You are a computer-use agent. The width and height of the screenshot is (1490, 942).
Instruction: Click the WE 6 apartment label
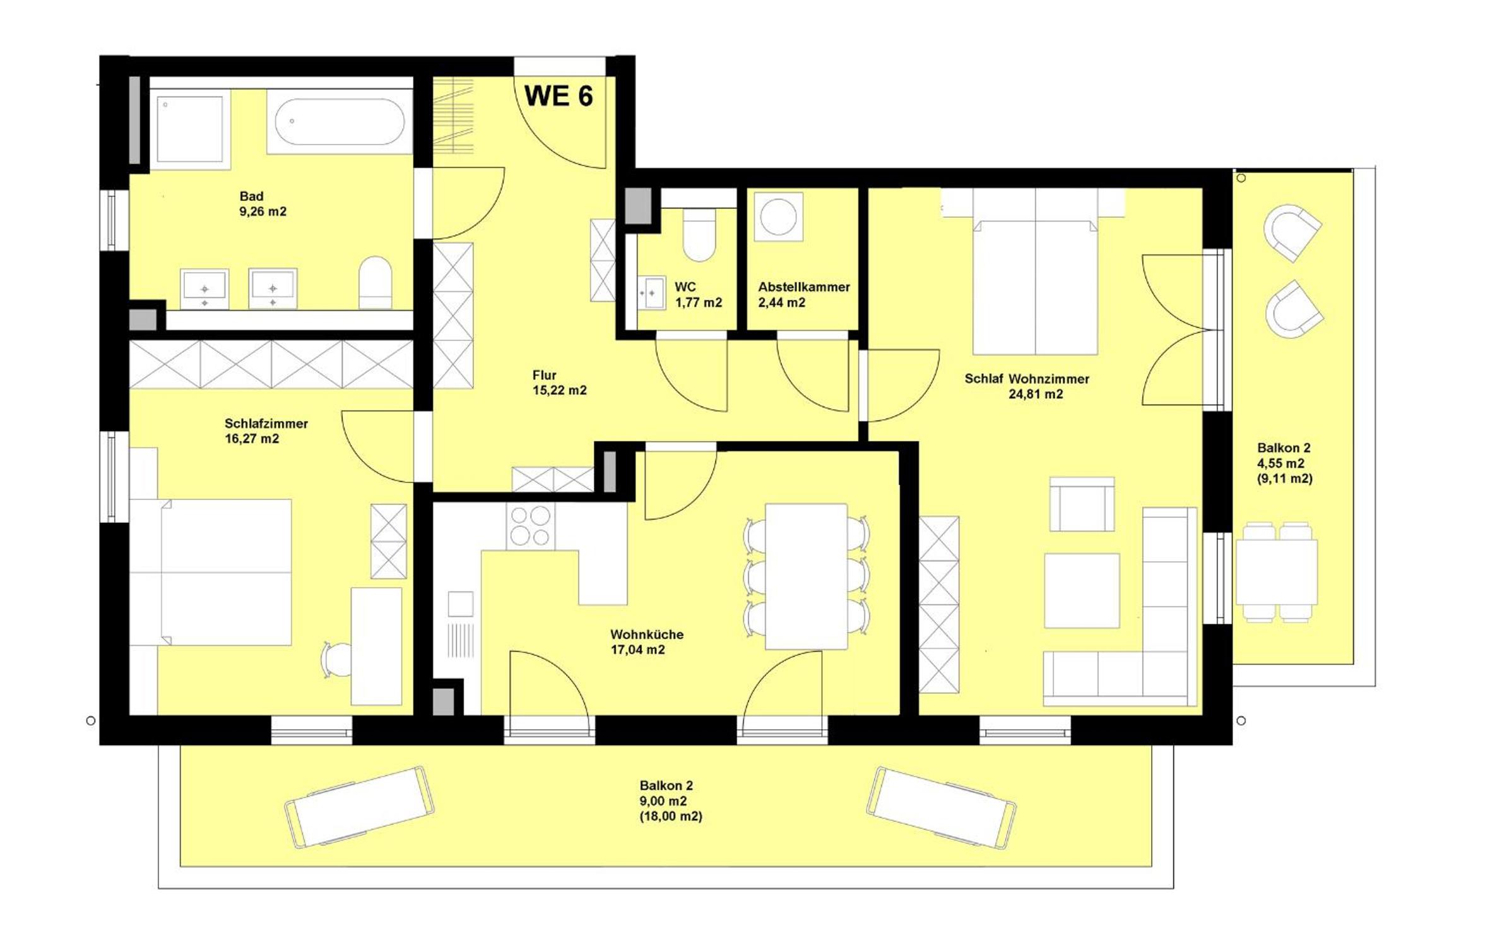[559, 96]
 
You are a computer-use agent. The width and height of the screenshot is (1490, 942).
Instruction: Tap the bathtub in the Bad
[340, 121]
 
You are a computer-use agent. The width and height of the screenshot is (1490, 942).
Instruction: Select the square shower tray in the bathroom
[189, 129]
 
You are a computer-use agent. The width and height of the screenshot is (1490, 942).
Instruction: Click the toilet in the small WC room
[699, 235]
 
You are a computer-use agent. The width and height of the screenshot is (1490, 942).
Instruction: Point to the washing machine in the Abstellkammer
[778, 217]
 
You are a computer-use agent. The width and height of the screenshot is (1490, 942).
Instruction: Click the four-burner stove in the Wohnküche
[530, 527]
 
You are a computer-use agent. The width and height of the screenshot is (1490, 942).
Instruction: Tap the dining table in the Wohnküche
[806, 576]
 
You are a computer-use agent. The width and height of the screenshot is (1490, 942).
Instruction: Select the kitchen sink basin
[460, 604]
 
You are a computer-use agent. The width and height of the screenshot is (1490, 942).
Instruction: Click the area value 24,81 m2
[1036, 395]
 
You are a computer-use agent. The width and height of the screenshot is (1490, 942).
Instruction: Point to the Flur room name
[544, 375]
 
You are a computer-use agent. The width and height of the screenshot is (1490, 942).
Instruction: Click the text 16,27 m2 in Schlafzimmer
[252, 439]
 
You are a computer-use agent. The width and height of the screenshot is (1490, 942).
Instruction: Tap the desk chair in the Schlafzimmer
[334, 660]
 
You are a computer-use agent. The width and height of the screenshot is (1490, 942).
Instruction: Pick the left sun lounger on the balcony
[359, 806]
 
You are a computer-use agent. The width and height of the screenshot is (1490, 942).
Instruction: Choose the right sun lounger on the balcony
[942, 808]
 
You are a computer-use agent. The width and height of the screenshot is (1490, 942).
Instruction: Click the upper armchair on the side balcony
[1292, 232]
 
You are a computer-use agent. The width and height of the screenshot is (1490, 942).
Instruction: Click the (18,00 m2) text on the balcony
[671, 816]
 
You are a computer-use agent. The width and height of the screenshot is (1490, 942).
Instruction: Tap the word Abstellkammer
[804, 287]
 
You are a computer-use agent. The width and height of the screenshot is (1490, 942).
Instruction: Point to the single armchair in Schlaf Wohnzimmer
[1082, 504]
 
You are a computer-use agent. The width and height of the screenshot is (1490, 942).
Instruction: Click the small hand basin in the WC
[651, 293]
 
